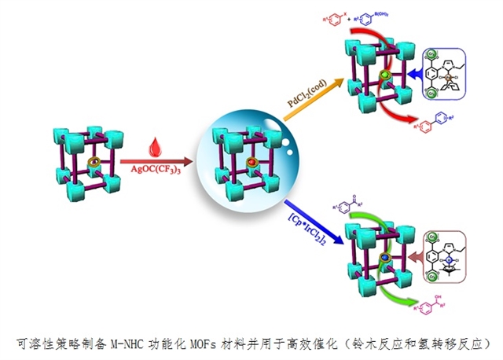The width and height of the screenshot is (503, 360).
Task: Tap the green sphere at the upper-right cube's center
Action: tap(384, 75)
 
